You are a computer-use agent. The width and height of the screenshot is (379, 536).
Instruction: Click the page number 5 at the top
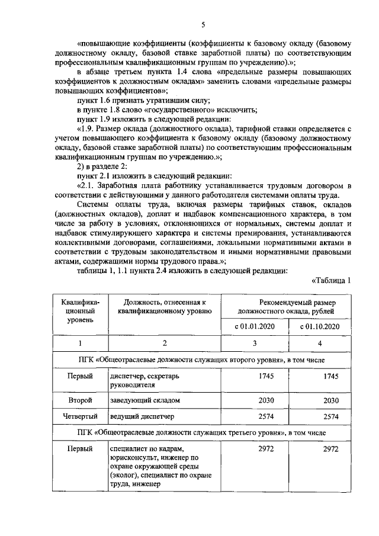(203, 25)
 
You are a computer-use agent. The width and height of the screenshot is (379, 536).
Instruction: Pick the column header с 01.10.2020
(320, 326)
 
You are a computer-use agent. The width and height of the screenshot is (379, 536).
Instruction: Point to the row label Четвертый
(80, 417)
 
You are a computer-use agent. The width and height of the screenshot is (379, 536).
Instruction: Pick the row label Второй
(80, 401)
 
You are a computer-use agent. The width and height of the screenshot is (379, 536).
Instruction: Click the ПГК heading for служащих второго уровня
(202, 360)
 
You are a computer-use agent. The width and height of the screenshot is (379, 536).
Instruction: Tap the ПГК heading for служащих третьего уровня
(202, 433)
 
